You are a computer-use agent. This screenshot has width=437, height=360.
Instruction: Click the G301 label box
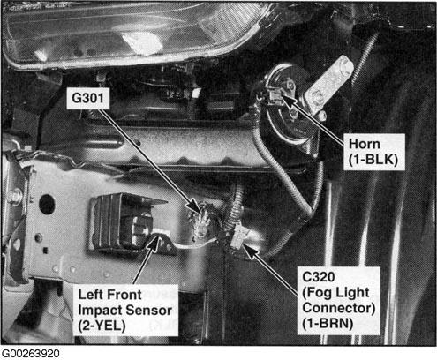[x=88, y=98]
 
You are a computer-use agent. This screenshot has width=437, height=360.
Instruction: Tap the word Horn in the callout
[x=365, y=144]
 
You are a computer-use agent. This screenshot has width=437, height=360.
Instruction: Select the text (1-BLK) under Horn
[x=373, y=160]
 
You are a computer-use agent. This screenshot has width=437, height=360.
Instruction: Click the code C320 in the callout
[x=319, y=277]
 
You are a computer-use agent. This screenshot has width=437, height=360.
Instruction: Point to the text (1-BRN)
[x=328, y=323]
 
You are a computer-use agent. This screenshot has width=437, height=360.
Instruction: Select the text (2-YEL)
[x=102, y=326]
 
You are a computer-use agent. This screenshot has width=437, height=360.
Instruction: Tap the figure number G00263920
[x=31, y=354]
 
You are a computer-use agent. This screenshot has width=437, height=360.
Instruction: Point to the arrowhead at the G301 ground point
[x=197, y=206]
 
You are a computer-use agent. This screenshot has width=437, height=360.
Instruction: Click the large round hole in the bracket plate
[x=47, y=204]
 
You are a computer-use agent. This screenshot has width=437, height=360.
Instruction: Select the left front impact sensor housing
[x=125, y=223]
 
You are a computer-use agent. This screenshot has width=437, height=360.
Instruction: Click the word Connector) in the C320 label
[x=339, y=308]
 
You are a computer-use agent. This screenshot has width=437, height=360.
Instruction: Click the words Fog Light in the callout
[x=335, y=293]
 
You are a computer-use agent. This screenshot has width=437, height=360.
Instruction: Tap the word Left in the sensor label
[x=90, y=295]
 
